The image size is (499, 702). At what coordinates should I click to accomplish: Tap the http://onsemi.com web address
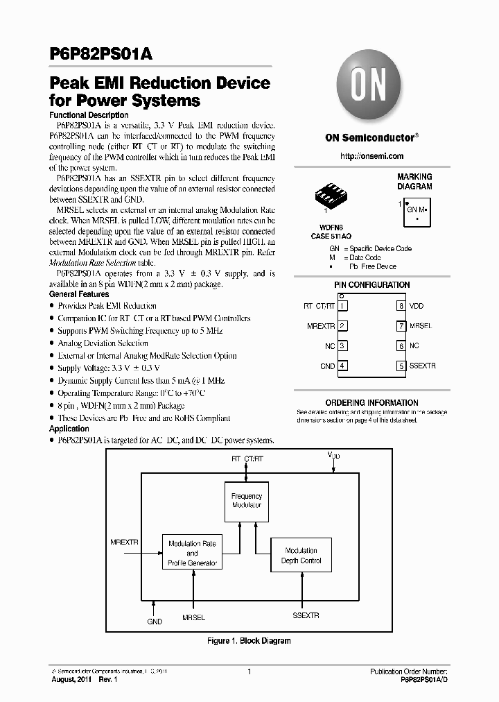371,157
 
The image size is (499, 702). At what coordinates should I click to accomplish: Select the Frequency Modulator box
247,501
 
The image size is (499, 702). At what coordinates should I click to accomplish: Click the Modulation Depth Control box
301,555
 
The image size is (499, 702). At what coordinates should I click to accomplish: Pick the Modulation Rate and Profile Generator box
192,554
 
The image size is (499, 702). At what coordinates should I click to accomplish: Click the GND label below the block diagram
155,622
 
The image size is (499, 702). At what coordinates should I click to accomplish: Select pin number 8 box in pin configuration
401,305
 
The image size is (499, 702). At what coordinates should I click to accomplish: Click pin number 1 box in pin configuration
342,305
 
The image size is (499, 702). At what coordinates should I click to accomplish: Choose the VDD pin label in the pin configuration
416,305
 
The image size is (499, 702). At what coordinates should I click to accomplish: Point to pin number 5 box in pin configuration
401,366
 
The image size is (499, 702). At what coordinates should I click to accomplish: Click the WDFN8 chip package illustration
326,194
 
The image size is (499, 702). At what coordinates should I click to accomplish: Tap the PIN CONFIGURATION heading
371,285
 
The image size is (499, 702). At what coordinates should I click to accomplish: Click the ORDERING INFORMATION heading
371,402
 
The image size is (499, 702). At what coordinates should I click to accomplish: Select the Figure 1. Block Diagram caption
249,641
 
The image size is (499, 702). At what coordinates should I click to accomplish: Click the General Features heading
78,294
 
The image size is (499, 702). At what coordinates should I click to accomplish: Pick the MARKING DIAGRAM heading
414,182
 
